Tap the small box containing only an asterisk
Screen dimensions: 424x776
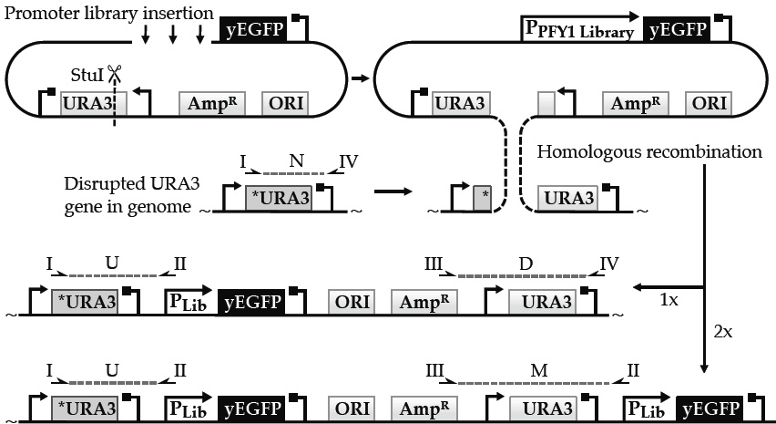coord(482,197)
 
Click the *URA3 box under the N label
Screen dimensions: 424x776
coord(280,197)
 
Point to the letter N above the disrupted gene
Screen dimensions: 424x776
coord(296,161)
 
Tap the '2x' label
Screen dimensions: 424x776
coord(721,333)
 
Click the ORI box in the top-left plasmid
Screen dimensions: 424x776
coord(284,103)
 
